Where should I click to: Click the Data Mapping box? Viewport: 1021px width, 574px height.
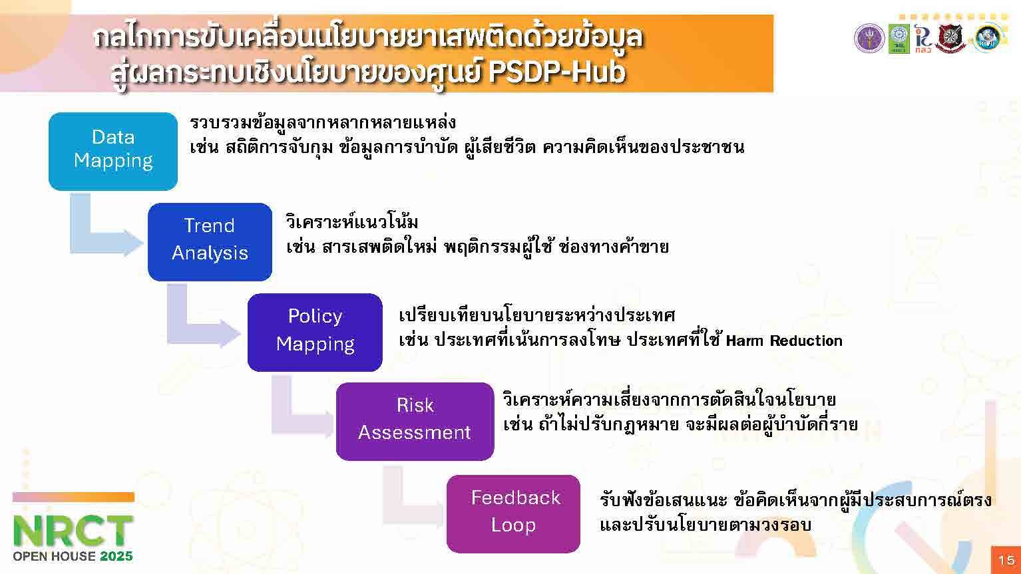(113, 151)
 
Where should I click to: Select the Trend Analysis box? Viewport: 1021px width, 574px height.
(210, 241)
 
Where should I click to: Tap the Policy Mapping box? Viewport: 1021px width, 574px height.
(315, 332)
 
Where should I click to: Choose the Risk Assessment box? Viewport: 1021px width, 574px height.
(415, 422)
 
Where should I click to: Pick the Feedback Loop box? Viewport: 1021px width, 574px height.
(513, 513)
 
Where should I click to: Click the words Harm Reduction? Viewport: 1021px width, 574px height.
(784, 341)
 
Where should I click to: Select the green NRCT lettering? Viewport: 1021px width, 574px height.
(73, 531)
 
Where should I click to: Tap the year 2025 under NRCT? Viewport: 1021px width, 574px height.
(116, 556)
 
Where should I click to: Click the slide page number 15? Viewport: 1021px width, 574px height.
(1006, 560)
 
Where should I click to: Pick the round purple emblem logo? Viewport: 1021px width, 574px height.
(869, 39)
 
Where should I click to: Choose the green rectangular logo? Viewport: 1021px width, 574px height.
(899, 39)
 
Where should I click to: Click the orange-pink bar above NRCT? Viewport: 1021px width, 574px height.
(73, 497)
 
